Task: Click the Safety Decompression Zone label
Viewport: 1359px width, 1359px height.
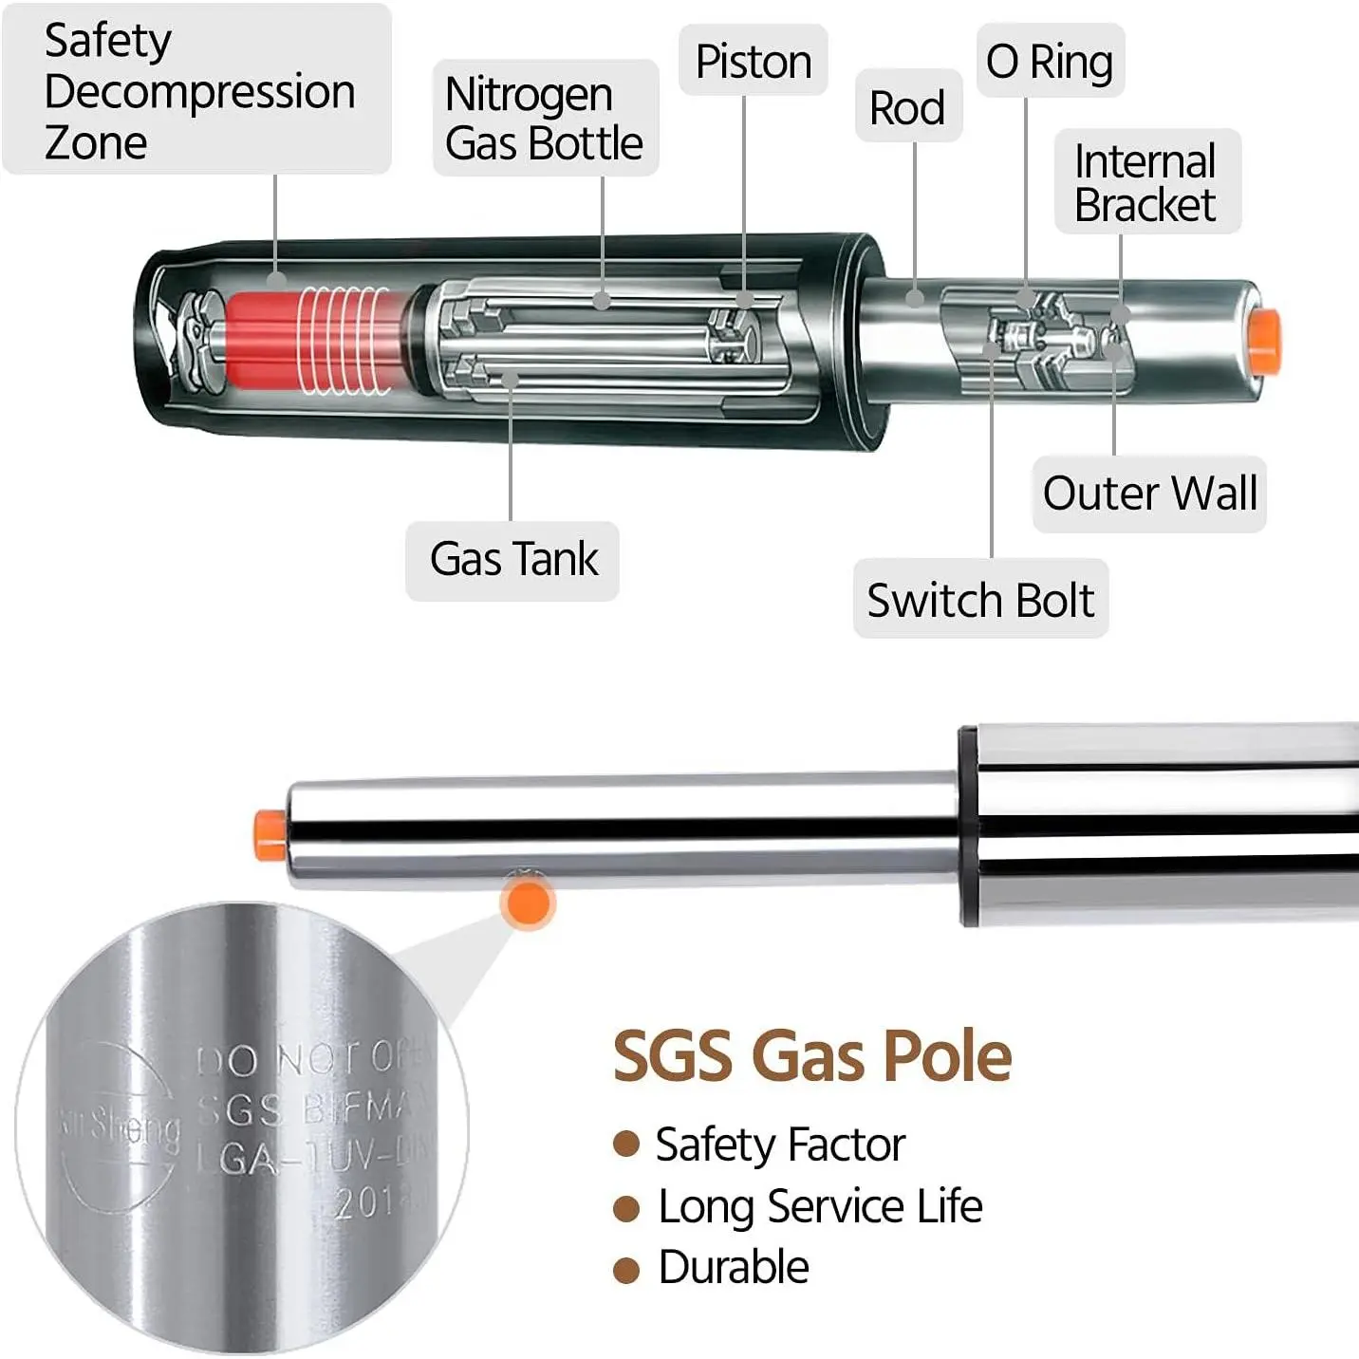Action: click(x=197, y=90)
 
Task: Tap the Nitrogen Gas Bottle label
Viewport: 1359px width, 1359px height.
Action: click(x=545, y=119)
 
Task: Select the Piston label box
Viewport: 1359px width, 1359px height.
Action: click(x=754, y=62)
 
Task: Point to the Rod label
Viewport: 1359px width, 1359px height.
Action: click(x=908, y=107)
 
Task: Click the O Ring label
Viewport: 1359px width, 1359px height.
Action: click(x=1050, y=62)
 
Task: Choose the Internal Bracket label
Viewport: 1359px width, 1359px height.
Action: click(x=1146, y=182)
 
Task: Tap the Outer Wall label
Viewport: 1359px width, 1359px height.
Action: click(x=1149, y=493)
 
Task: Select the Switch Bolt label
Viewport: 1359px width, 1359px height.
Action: click(x=980, y=600)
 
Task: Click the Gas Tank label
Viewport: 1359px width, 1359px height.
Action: click(x=513, y=559)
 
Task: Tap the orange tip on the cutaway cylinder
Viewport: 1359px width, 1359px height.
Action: click(x=1264, y=339)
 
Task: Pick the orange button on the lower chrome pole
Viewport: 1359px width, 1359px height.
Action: click(x=269, y=834)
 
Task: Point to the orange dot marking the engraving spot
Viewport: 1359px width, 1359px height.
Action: click(x=527, y=903)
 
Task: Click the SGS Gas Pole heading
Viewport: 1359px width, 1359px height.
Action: click(x=812, y=1055)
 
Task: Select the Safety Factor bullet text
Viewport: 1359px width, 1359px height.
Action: click(x=780, y=1145)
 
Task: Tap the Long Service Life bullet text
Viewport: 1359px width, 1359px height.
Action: click(x=820, y=1207)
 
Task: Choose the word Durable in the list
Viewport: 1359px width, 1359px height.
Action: click(x=734, y=1268)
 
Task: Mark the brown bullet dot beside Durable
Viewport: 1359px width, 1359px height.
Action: click(x=626, y=1270)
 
